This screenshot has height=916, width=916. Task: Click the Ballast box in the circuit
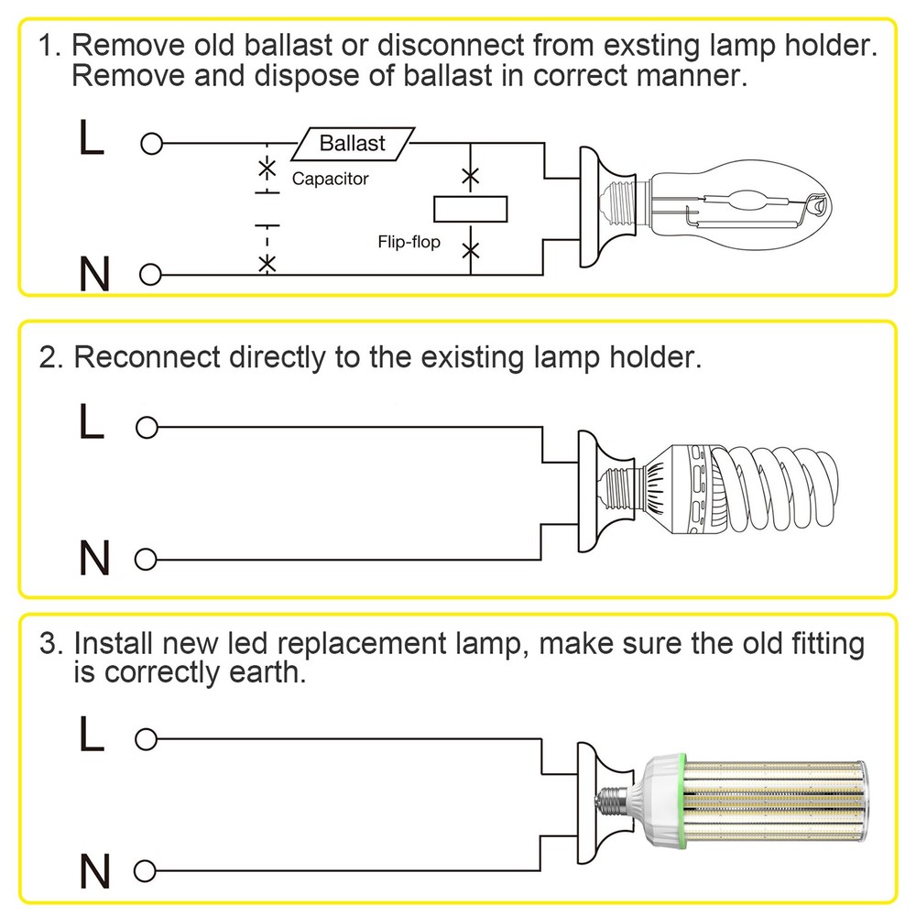[x=353, y=144]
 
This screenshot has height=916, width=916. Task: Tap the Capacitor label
[x=330, y=179]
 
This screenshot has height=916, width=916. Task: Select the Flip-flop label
[x=409, y=243]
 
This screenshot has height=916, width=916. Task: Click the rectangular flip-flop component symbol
[x=470, y=210]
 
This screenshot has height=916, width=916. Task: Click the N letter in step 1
[x=93, y=274]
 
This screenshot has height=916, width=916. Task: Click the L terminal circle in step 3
[x=145, y=739]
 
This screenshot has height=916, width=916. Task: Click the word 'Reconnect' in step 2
[x=147, y=357]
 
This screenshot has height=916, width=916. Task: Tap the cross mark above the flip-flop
[x=470, y=176]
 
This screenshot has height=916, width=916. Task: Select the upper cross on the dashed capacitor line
[x=267, y=169]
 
